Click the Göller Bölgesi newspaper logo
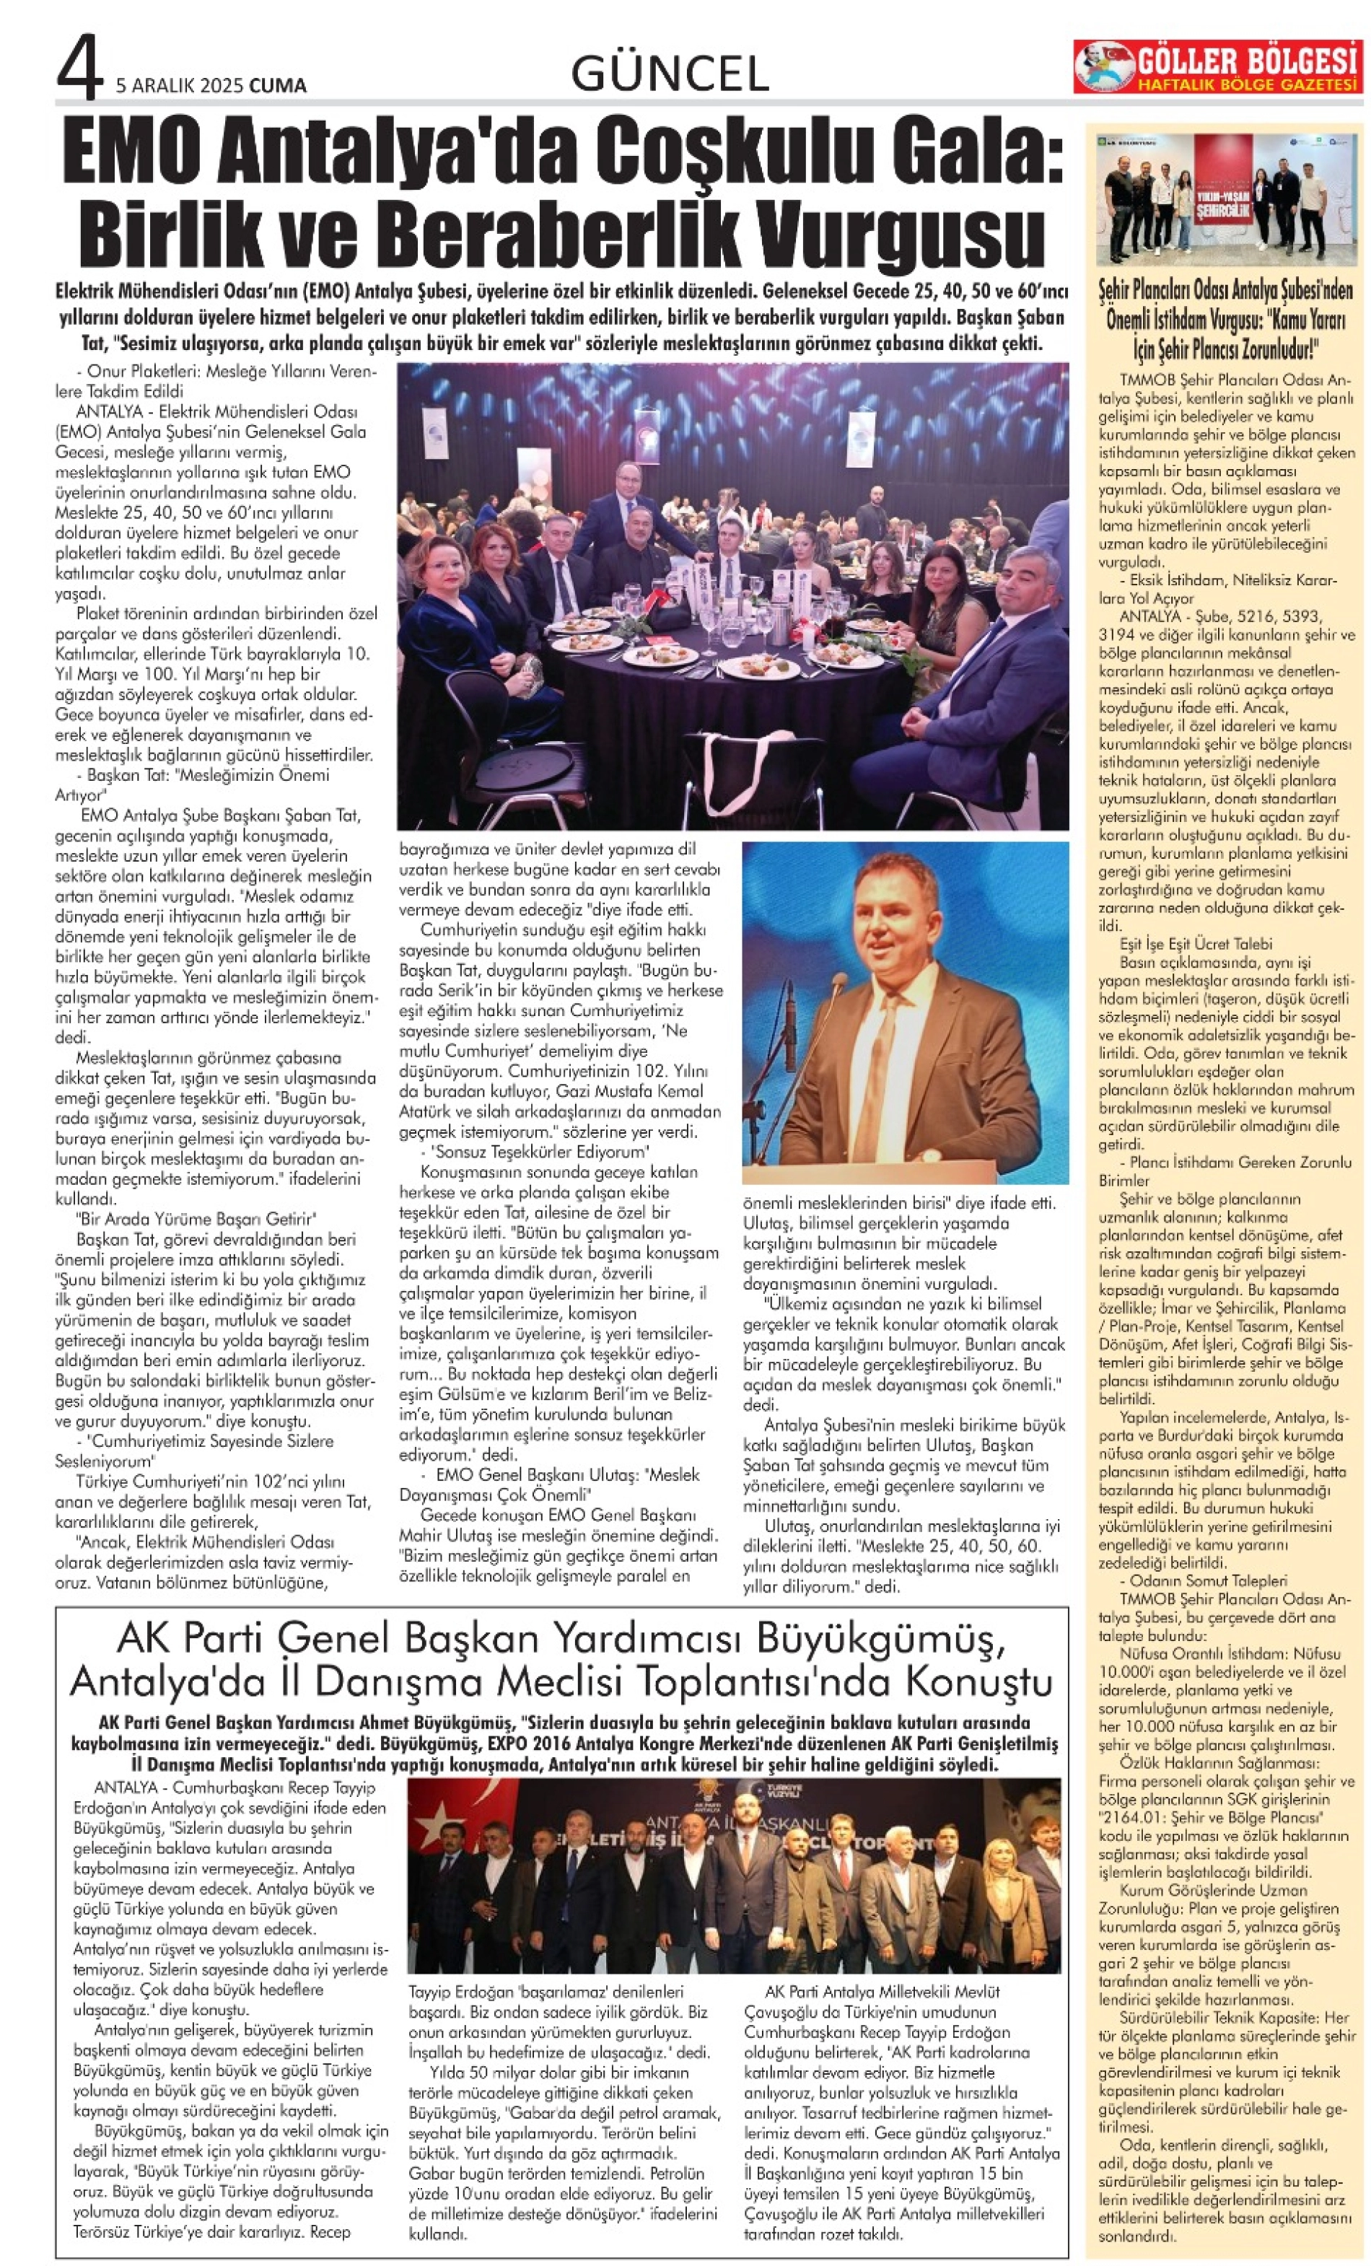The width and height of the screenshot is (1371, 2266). [x=1217, y=66]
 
